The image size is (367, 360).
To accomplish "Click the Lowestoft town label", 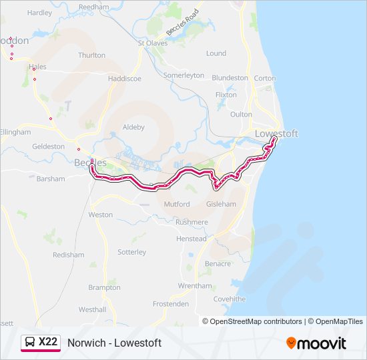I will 276,133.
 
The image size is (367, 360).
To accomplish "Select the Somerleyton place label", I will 183,75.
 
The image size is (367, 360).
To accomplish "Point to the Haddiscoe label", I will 125,78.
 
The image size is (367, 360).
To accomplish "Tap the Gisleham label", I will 222,204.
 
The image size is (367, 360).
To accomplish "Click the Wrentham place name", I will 195,286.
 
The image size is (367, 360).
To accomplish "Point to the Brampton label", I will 104,287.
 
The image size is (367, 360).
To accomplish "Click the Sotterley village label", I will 131,252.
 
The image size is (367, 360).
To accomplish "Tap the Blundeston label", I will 230,78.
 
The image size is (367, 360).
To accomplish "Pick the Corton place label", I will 265,78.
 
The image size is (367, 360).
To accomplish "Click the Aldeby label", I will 133,127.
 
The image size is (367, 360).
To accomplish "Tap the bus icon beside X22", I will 30,342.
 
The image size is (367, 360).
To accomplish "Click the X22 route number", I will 48,342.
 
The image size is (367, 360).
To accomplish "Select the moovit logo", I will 316,343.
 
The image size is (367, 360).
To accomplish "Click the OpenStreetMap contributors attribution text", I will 256,321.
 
